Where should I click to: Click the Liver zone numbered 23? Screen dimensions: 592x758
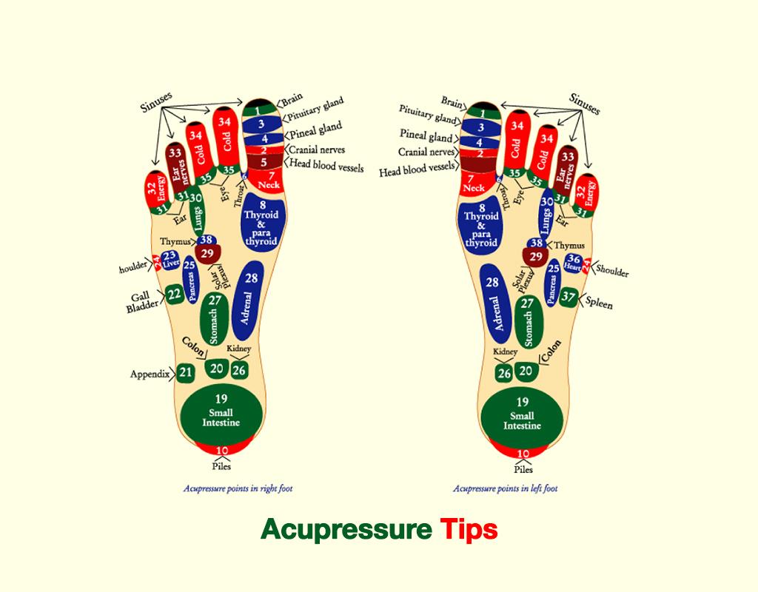pyautogui.click(x=170, y=259)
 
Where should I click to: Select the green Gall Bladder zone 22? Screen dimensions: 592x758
pyautogui.click(x=174, y=295)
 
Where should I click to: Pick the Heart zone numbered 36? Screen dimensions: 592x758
pyautogui.click(x=573, y=261)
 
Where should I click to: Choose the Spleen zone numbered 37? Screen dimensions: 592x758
pyautogui.click(x=568, y=297)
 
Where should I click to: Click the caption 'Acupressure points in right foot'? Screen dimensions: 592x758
pyautogui.click(x=243, y=488)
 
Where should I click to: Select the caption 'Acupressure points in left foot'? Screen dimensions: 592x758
pyautogui.click(x=505, y=488)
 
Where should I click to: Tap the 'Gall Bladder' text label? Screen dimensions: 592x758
pyautogui.click(x=141, y=300)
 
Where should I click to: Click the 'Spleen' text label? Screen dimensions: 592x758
pyautogui.click(x=599, y=303)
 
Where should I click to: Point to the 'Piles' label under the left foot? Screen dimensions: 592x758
pyautogui.click(x=523, y=468)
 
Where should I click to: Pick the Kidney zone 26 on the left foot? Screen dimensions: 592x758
pyautogui.click(x=504, y=372)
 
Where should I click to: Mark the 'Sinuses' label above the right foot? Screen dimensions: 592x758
pyautogui.click(x=157, y=101)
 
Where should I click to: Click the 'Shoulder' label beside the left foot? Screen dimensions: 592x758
pyautogui.click(x=612, y=271)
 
